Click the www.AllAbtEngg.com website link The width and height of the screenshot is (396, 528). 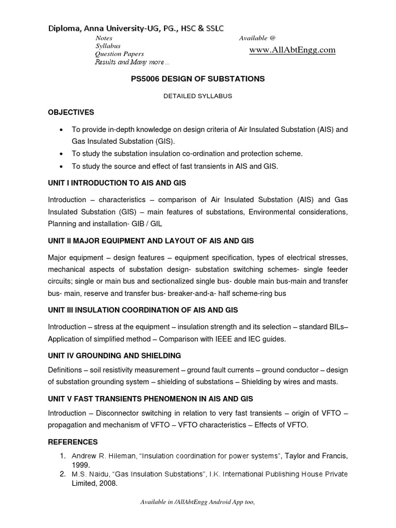(x=292, y=50)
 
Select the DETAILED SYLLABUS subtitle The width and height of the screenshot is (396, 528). (x=198, y=96)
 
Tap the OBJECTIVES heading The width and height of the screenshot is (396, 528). (x=71, y=112)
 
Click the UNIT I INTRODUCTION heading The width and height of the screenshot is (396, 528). (x=117, y=183)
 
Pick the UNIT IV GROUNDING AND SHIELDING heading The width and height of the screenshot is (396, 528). (x=114, y=355)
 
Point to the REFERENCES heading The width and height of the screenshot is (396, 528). (x=73, y=442)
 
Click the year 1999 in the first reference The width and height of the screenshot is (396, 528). (x=81, y=464)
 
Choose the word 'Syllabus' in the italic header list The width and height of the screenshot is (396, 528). (x=107, y=46)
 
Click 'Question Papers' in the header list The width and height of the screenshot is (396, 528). (x=119, y=54)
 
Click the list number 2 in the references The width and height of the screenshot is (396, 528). (x=62, y=474)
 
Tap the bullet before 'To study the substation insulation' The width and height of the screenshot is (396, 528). (x=62, y=154)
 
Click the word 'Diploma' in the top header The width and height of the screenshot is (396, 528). (x=63, y=29)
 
